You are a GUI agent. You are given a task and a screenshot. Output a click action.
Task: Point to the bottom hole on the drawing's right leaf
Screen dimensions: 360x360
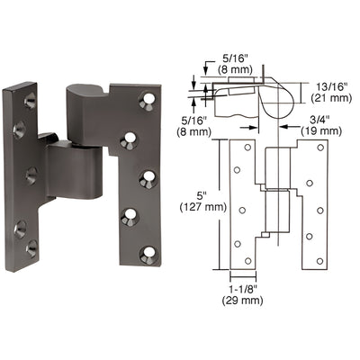coord(315,262)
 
